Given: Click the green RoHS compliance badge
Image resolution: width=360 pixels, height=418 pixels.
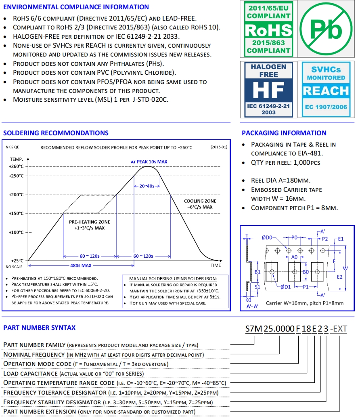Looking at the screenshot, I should pos(269,29).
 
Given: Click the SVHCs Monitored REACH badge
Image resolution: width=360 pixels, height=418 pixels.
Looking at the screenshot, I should pos(326,89).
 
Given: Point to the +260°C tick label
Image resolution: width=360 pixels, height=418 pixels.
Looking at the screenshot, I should pos(16,166).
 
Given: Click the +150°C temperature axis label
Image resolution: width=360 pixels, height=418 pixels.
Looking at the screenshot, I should pos(16,213).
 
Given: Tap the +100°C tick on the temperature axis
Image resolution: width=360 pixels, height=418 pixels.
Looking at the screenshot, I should pos(16,232).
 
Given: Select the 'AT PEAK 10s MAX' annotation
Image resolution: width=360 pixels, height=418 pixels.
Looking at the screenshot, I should pos(149,162).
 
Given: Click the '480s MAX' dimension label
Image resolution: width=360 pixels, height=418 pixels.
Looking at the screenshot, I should pos(80,265).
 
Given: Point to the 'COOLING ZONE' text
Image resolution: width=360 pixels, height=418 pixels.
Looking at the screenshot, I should pos(200,201).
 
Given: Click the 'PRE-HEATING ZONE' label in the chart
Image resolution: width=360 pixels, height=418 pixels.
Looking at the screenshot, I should pos(90,222).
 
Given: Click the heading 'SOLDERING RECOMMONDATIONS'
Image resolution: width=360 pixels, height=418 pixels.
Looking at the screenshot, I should pos(56,133).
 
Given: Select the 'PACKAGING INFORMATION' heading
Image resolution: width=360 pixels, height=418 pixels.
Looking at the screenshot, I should pos(284,133).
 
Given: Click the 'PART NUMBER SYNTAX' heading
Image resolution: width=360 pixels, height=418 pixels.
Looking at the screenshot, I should pos(39,328).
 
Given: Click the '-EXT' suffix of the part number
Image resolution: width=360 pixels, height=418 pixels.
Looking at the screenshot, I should pos(338,329).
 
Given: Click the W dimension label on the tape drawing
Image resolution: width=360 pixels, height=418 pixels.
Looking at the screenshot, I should pos(345,268).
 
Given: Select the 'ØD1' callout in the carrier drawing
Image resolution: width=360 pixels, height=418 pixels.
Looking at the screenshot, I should pos(286,286).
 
